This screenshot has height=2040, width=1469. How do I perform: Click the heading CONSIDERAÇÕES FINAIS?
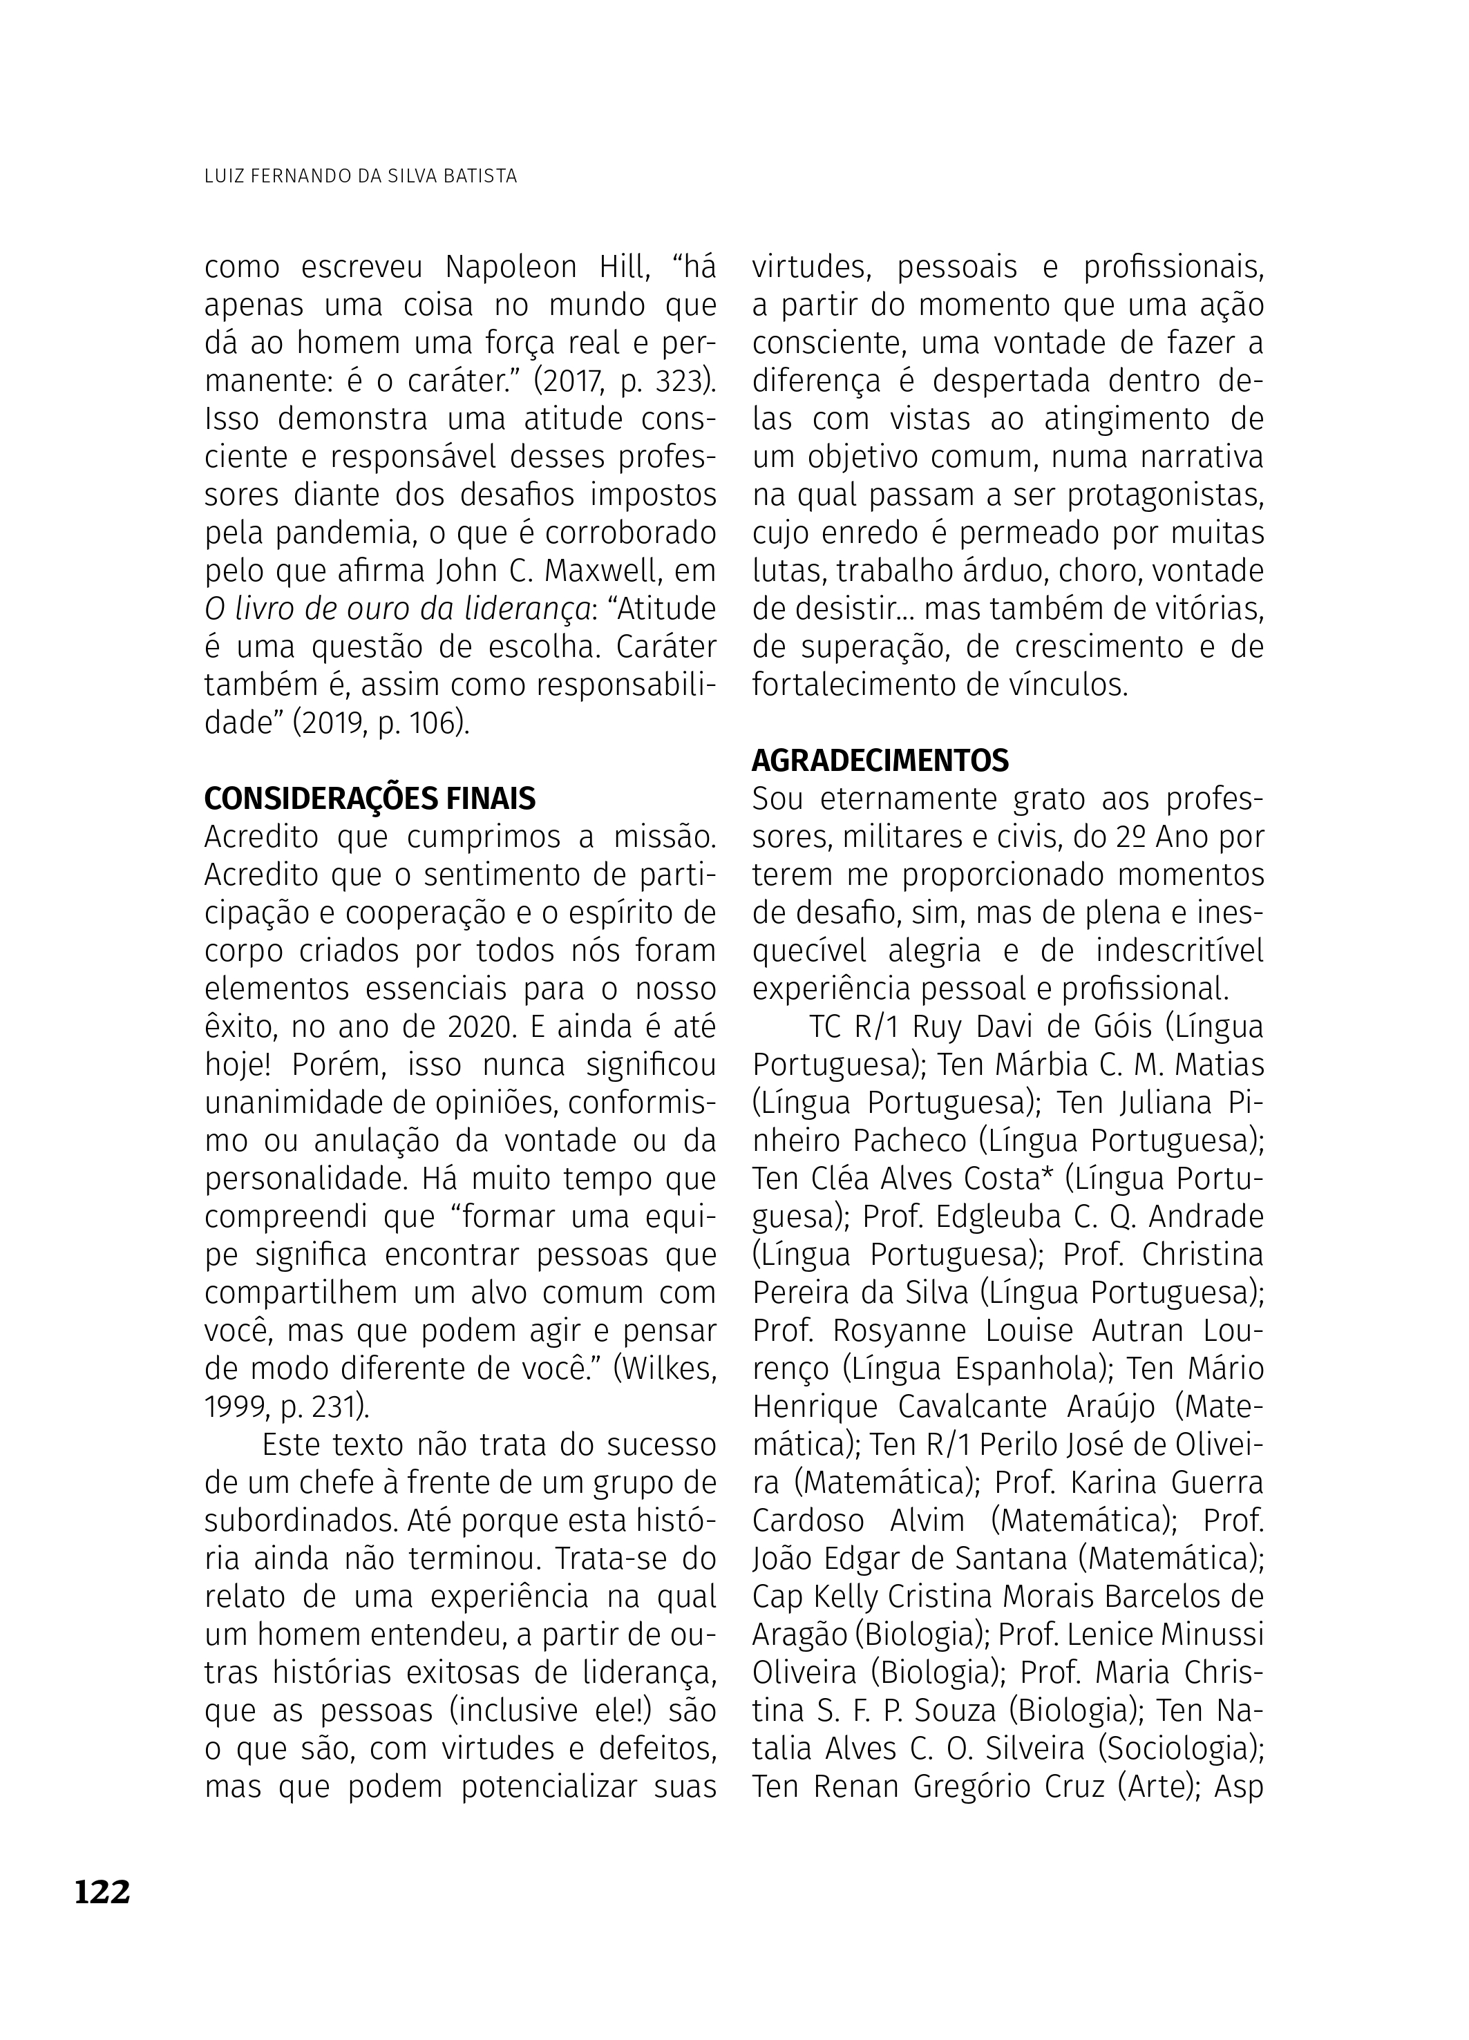pyautogui.click(x=370, y=798)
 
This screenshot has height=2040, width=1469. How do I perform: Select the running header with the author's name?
pyautogui.click(x=361, y=176)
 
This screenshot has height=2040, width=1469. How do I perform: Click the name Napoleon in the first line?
pyautogui.click(x=511, y=268)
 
